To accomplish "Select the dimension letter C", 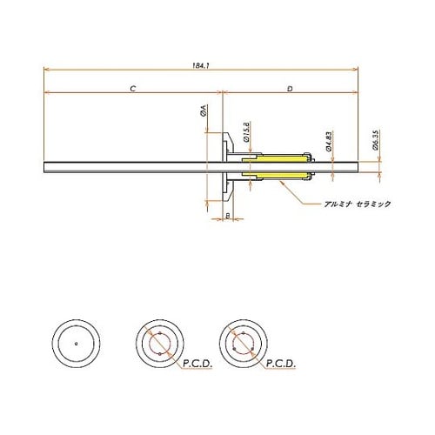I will coord(131,88).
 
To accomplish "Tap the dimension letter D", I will coord(289,88).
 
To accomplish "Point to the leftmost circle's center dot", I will coord(77,343).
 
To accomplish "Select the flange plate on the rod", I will coord(228,167).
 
